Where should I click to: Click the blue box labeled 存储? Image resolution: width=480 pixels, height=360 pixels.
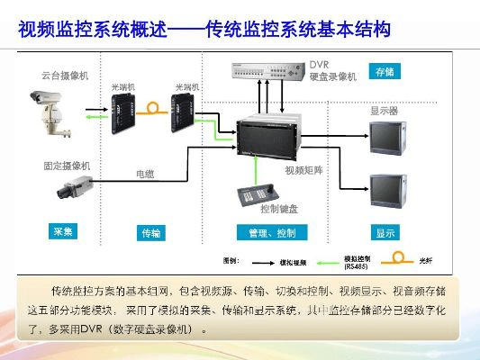[385, 71]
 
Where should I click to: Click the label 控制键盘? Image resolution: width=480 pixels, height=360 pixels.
[278, 209]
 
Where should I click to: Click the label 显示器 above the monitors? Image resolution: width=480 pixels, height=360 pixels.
[384, 112]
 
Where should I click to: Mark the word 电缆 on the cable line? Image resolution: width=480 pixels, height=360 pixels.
[145, 172]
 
